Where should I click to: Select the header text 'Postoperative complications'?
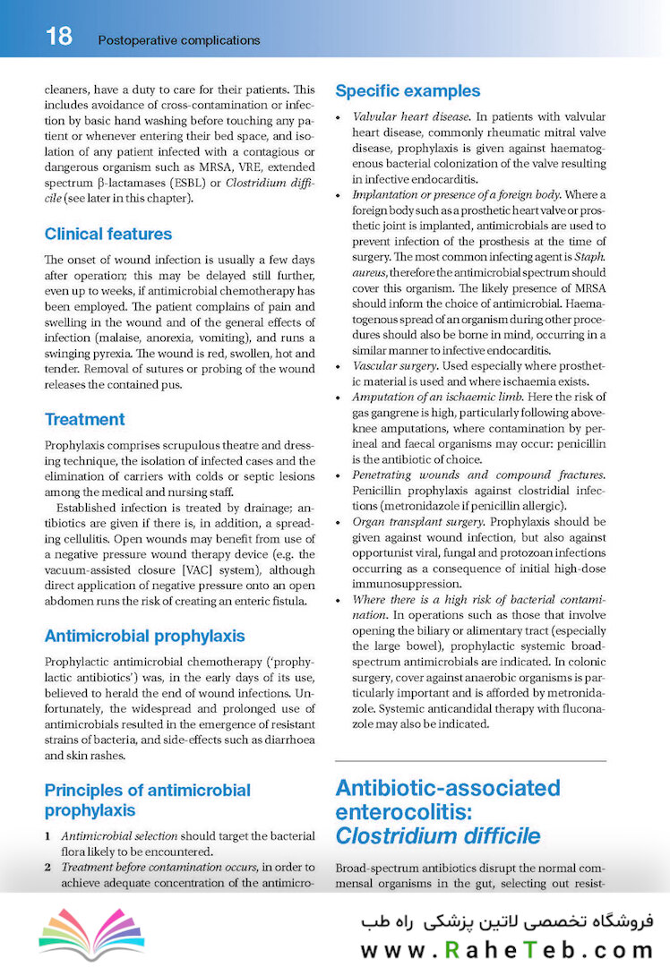[178, 40]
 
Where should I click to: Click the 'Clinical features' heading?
[108, 235]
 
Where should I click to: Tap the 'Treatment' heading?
[85, 419]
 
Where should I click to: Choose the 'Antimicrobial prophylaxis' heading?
[144, 637]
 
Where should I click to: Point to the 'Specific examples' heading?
[408, 91]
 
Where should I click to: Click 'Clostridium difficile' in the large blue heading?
[438, 836]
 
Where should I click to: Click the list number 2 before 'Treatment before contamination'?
[48, 868]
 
